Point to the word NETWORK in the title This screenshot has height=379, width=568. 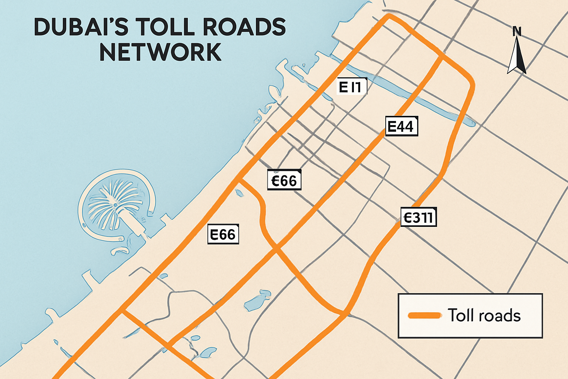pyautogui.click(x=160, y=53)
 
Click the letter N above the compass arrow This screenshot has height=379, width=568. pyautogui.click(x=517, y=32)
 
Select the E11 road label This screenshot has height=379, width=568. pyautogui.click(x=352, y=87)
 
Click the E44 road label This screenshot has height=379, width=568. pyautogui.click(x=401, y=127)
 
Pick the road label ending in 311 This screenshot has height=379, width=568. pyautogui.click(x=419, y=217)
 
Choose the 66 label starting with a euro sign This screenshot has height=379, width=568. pyautogui.click(x=284, y=180)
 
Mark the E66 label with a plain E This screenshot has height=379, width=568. pyautogui.click(x=223, y=234)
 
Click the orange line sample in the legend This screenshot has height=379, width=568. pyautogui.click(x=425, y=315)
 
